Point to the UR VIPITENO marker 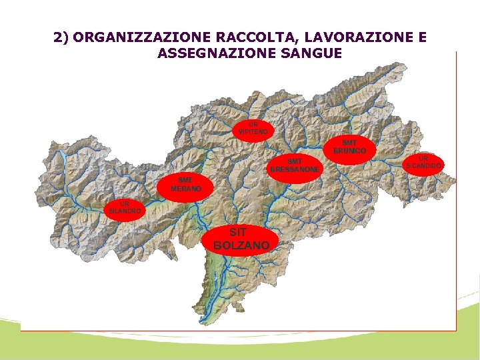[253, 128]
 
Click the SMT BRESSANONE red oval [295, 165]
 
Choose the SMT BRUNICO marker [349, 147]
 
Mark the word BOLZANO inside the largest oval [241, 245]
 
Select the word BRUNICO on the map [349, 151]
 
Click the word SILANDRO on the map [125, 211]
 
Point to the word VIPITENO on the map [253, 132]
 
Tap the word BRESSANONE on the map [295, 169]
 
